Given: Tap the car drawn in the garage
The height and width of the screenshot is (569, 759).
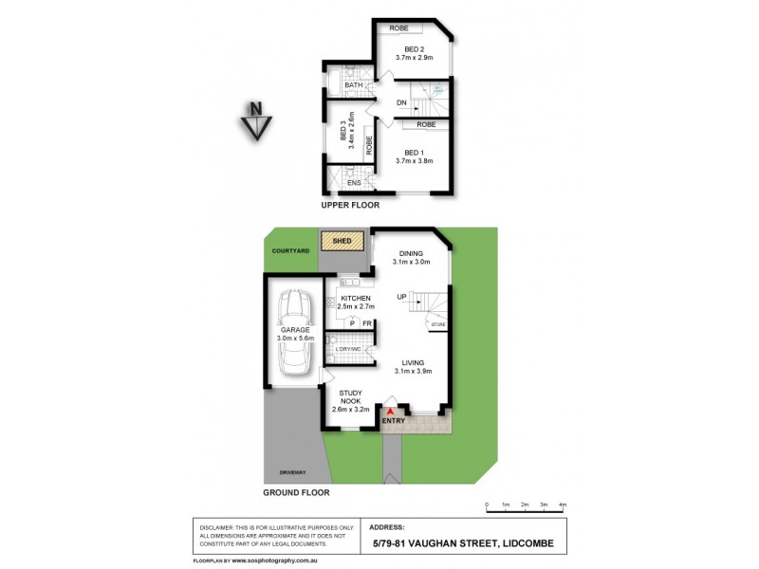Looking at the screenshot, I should tap(294, 332).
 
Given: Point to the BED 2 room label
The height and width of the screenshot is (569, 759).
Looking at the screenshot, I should tap(414, 49).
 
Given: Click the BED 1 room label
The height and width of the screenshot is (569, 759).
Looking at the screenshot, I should tap(414, 152).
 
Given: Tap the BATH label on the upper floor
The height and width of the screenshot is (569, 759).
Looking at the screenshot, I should tap(354, 85).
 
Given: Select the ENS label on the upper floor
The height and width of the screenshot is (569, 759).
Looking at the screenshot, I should tap(353, 182).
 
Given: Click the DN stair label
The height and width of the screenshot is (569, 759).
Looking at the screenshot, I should tap(401, 102).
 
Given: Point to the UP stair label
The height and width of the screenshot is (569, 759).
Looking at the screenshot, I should tap(401, 298).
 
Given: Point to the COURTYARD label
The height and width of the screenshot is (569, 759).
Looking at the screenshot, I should tap(288, 251).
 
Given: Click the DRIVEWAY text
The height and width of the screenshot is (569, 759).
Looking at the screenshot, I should tap(292, 472).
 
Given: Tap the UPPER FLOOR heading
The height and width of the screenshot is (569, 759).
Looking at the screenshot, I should tap(351, 205).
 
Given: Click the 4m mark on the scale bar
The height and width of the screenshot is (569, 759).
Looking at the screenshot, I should tap(563, 504).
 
